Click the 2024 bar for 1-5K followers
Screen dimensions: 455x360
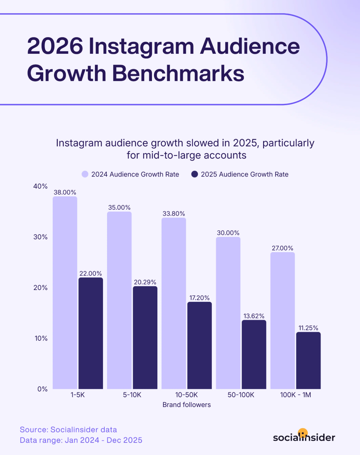pos(65,293)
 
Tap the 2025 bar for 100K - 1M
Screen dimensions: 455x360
pos(308,360)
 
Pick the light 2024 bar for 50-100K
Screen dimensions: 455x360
pos(228,313)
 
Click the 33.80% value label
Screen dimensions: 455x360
pos(174,214)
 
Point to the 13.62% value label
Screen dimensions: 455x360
pos(254,316)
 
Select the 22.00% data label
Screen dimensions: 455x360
pos(91,273)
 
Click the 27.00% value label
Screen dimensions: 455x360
pos(282,248)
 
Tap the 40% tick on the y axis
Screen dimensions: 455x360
pos(41,186)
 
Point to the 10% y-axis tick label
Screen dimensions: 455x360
pos(41,338)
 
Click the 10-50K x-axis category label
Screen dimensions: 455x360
pos(186,395)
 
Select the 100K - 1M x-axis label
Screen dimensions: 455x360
pos(295,395)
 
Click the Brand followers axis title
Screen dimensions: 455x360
pos(186,405)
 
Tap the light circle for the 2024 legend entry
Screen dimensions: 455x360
pos(85,174)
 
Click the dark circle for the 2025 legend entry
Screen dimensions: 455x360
pos(195,174)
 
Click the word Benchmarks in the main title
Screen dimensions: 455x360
pos(178,73)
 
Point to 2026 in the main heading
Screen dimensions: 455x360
pos(55,46)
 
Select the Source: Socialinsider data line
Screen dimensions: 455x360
pos(68,430)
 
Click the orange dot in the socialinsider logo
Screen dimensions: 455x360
pos(303,433)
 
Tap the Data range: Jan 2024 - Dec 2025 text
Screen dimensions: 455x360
pos(81,440)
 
